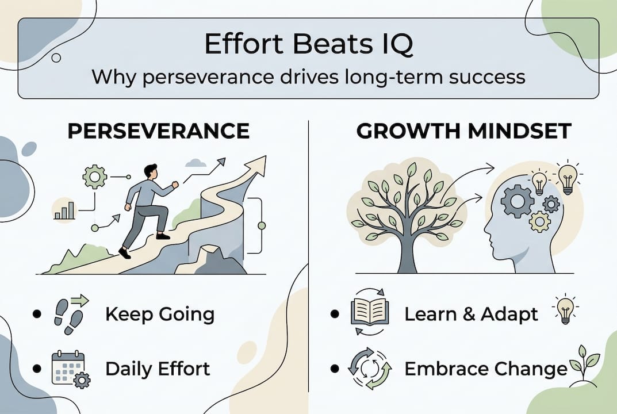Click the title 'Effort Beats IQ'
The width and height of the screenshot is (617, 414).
click(x=308, y=44)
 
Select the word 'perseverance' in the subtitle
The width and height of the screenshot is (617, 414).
click(x=208, y=76)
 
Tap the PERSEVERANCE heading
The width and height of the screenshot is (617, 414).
click(x=159, y=131)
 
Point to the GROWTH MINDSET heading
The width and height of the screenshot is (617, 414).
click(x=463, y=131)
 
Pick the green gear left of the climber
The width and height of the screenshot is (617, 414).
click(x=94, y=177)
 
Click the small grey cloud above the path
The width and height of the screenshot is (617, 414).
click(x=196, y=163)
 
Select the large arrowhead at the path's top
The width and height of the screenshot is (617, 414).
click(x=256, y=164)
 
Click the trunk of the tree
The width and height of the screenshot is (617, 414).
click(x=407, y=252)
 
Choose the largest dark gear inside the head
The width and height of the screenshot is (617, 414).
click(x=517, y=201)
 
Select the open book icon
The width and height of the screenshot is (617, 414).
click(x=370, y=311)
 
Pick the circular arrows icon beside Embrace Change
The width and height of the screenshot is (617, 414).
click(x=370, y=369)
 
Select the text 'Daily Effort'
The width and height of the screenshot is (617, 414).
click(x=158, y=369)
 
